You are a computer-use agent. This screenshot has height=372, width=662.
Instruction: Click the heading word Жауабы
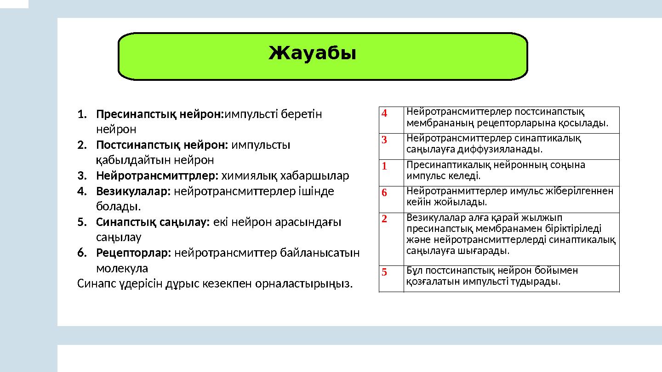tap(312, 54)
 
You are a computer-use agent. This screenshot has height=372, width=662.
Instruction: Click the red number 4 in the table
tap(384, 113)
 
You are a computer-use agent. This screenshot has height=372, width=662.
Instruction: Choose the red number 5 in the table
tap(384, 272)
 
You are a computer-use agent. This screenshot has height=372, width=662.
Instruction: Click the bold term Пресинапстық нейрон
tap(159, 114)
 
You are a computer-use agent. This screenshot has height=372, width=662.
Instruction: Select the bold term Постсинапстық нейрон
tap(162, 145)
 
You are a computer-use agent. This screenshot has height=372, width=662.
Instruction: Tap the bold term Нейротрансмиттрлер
tap(157, 176)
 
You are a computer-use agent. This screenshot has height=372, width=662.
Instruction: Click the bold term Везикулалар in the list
tap(133, 192)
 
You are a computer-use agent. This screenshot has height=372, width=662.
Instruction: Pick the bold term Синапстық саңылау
tap(153, 222)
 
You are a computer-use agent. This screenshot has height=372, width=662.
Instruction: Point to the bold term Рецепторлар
tap(133, 253)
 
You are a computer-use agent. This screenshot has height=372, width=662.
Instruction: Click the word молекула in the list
tap(122, 268)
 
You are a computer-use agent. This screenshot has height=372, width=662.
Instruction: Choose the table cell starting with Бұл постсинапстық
tap(492, 276)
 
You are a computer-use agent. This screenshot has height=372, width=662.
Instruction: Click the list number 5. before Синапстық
tap(82, 222)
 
